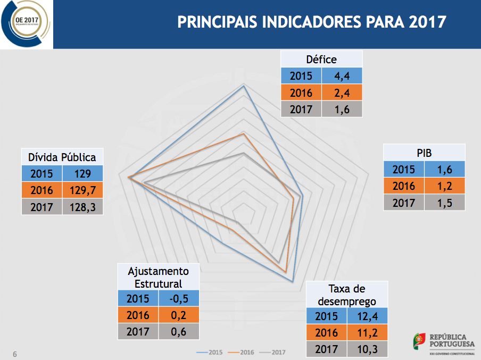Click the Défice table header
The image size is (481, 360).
pyautogui.click(x=321, y=59)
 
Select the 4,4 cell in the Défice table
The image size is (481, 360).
pyautogui.click(x=342, y=76)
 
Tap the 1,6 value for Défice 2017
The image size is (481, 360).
pyautogui.click(x=342, y=109)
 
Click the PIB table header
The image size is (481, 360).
pyautogui.click(x=424, y=153)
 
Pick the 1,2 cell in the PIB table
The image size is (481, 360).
pyautogui.click(x=445, y=186)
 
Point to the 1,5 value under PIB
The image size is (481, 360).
pyautogui.click(x=445, y=203)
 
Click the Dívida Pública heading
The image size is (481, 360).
pyautogui.click(x=62, y=157)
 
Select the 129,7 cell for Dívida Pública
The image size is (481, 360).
pyautogui.click(x=83, y=190)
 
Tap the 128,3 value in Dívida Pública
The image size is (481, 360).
pyautogui.click(x=83, y=207)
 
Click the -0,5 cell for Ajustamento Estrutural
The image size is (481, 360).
pyautogui.click(x=178, y=298)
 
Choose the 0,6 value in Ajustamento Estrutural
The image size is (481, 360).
pyautogui.click(x=178, y=331)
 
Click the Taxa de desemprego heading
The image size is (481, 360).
pyautogui.click(x=347, y=295)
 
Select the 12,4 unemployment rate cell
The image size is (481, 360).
pyautogui.click(x=368, y=316)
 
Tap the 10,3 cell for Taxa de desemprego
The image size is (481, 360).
pyautogui.click(x=368, y=349)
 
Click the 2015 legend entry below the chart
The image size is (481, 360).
pyautogui.click(x=210, y=352)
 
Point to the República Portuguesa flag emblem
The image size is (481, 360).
pyautogui.click(x=419, y=340)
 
